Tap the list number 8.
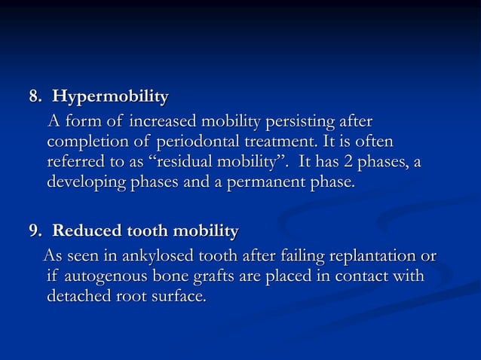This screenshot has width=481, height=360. [x=33, y=97]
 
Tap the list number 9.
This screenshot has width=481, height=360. [x=33, y=230]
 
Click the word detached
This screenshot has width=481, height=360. [x=79, y=297]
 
